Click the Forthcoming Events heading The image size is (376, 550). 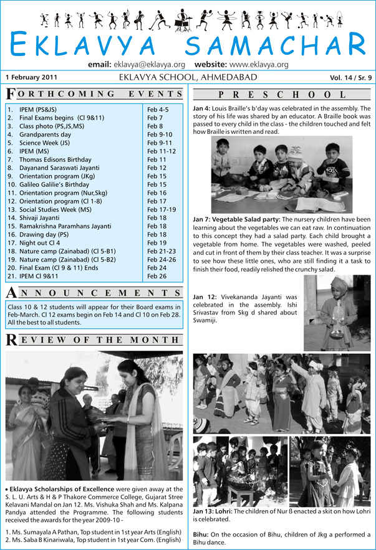[x=95, y=94]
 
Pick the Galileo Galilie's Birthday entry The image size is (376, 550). [x=55, y=184]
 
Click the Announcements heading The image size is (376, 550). [x=95, y=293]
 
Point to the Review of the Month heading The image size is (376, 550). [x=95, y=340]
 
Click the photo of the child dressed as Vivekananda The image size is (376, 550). [x=337, y=321]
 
